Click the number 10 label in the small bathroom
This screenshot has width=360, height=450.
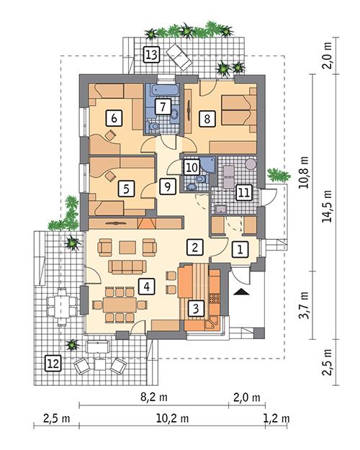coord(190,168)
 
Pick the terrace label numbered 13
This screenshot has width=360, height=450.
coord(151,54)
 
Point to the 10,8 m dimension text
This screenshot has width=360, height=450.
coord(303,173)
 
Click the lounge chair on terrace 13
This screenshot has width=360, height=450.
coord(176,53)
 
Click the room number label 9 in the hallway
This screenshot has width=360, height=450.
coord(167,187)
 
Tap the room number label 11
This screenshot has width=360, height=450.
coord(243,192)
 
